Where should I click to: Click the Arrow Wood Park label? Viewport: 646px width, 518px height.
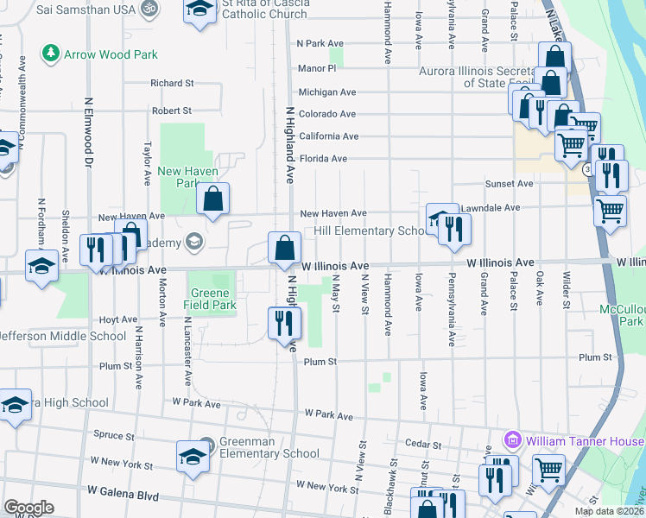pos(111,54)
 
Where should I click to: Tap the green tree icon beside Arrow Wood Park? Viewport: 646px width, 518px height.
pos(52,54)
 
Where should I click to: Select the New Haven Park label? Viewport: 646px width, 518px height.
pos(179,177)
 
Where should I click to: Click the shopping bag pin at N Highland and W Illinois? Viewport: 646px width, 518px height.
pos(284,249)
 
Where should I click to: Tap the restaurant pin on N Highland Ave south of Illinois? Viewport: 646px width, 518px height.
pos(284,324)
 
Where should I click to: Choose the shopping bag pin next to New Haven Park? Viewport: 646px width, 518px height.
pos(212,199)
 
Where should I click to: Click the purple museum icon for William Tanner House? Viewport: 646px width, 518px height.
pos(513,440)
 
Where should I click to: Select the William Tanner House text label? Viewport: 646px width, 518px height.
pos(585,440)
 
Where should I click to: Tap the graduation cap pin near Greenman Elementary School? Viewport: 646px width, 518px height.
pos(193,457)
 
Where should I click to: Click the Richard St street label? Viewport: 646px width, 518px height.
pos(171,84)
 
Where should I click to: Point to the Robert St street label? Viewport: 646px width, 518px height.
pos(171,111)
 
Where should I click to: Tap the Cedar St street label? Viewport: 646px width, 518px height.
pos(423,445)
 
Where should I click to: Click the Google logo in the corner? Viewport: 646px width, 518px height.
pos(28,508)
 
